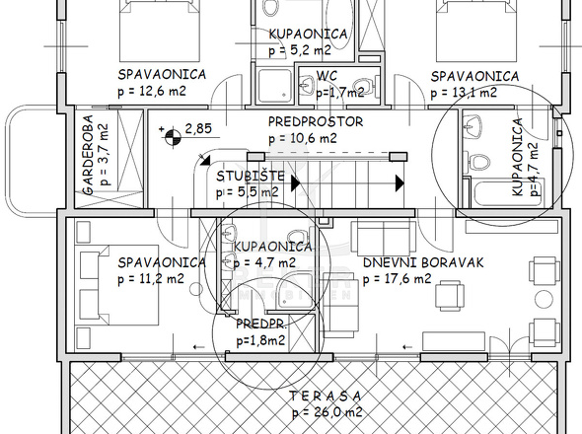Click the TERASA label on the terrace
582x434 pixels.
tap(326, 397)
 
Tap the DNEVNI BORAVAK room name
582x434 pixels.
tap(423, 262)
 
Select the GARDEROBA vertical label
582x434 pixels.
tap(88, 155)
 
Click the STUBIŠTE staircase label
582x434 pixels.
tap(251, 176)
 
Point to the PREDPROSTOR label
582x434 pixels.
tap(316, 121)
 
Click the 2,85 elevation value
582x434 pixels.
tap(198, 128)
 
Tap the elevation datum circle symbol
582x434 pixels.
tap(173, 137)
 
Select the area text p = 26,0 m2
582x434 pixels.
tap(327, 412)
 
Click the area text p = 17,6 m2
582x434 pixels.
tap(398, 279)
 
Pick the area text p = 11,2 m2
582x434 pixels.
tap(151, 279)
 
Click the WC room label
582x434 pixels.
tap(327, 76)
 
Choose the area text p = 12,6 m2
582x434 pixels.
tap(152, 91)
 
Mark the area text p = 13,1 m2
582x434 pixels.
tap(464, 93)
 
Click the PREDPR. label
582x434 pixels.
tap(261, 325)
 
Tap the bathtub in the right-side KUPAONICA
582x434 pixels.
tap(508, 193)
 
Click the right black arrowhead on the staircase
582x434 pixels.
tap(400, 183)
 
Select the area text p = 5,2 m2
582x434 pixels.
tap(300, 49)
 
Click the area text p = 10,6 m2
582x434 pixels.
tap(303, 138)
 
